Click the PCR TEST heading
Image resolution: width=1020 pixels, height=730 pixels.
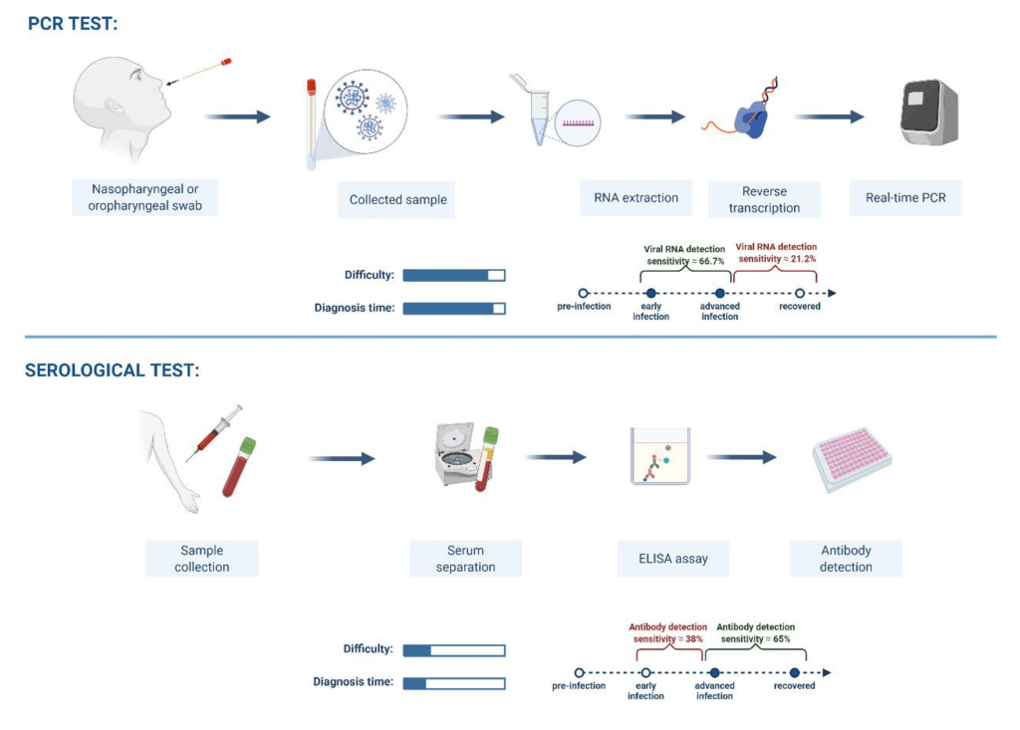[x=73, y=24]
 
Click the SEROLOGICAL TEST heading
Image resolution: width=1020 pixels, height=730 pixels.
[x=112, y=370]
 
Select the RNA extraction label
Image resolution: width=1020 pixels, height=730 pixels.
[x=636, y=198]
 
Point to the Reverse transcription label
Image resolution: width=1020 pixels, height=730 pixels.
[x=764, y=199]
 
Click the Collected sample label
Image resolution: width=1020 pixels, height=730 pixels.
[x=396, y=200]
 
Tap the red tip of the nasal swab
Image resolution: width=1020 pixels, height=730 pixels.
[x=226, y=63]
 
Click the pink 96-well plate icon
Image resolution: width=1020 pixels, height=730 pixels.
[x=853, y=459]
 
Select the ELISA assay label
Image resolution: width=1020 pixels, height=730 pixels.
[x=673, y=559]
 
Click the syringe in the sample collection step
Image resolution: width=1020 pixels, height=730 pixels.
[x=214, y=433]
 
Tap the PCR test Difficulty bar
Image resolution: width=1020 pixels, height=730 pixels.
[x=454, y=275]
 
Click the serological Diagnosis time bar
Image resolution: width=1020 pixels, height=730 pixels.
[x=454, y=683]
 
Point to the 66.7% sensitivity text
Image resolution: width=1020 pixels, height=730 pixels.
[x=685, y=255]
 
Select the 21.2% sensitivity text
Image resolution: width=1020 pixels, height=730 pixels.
[x=776, y=252]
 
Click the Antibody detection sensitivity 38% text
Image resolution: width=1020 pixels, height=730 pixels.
[x=668, y=633]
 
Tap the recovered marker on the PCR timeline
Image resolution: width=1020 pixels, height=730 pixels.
[x=800, y=294]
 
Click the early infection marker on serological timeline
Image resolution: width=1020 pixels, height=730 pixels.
[x=645, y=673]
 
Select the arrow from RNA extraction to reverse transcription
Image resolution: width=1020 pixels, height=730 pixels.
[x=654, y=118]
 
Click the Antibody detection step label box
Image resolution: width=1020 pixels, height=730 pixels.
[x=846, y=559]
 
